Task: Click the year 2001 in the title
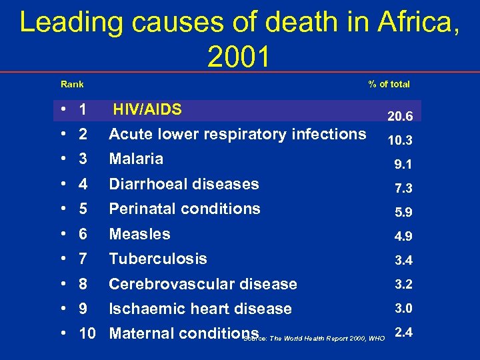coord(239,57)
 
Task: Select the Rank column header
coord(72,84)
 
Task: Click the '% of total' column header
coord(389,84)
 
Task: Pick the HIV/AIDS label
coord(147,109)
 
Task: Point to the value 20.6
coord(400,117)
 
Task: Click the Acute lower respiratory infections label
coord(237,134)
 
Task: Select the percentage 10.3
coord(400,141)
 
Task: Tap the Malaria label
coord(136,159)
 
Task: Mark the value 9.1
coord(403,165)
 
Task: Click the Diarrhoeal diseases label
coord(184,184)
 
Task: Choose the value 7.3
coord(403,189)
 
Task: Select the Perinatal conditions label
coord(185,209)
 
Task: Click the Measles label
coord(139,234)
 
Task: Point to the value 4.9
coord(403,237)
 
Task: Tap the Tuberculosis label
coord(158,259)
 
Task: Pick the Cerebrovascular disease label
coord(203,284)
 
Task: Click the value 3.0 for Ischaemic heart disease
coord(403,308)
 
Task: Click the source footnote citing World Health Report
coord(314,339)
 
